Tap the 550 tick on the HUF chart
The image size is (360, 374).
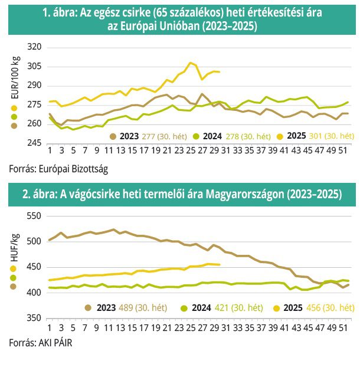point(35,216)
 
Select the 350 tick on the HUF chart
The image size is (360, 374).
point(35,319)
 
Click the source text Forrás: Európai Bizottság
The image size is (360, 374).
point(58,169)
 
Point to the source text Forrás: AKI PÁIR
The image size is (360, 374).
point(41,342)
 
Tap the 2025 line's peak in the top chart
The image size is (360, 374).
point(190,63)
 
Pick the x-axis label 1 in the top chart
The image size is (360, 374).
point(50,156)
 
